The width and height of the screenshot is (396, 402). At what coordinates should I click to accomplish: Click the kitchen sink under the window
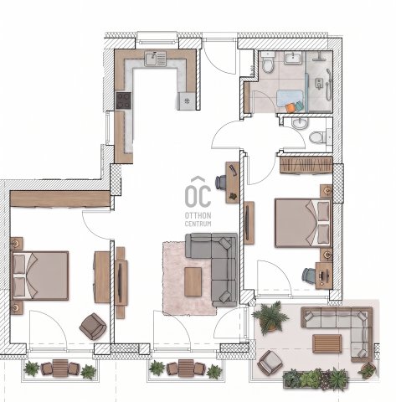[x=155, y=59]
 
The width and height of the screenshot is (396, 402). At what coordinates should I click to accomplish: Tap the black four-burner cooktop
[x=124, y=100]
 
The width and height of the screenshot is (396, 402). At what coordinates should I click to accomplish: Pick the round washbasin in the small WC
[x=300, y=123]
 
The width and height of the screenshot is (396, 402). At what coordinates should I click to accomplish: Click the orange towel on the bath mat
[x=291, y=107]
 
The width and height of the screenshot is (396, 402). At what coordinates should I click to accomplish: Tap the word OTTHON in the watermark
[x=198, y=215]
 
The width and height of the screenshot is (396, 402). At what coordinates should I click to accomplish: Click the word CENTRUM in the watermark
[x=198, y=224]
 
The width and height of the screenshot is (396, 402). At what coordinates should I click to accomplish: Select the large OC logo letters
[x=198, y=195]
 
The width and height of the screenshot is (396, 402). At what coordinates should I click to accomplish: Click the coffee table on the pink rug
[x=193, y=281]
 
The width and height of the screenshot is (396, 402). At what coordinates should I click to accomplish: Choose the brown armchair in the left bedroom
[x=93, y=326]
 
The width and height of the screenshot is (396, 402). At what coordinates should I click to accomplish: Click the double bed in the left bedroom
[x=40, y=276]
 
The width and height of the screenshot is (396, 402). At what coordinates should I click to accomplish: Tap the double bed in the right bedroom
[x=303, y=223]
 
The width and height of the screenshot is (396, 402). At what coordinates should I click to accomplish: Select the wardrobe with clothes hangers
[x=306, y=165]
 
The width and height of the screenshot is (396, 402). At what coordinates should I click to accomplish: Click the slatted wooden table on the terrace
[x=327, y=343]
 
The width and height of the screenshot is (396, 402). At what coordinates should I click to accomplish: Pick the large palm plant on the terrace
[x=270, y=317]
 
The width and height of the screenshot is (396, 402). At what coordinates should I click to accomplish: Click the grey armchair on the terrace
[x=270, y=363]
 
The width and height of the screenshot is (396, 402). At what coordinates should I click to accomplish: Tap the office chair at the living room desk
[x=221, y=182]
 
